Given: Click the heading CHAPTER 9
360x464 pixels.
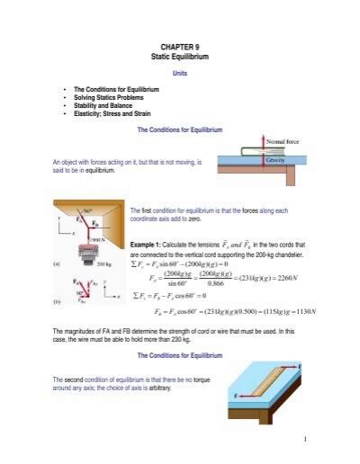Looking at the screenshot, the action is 180,43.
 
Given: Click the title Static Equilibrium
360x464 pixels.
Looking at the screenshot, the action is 180,55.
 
